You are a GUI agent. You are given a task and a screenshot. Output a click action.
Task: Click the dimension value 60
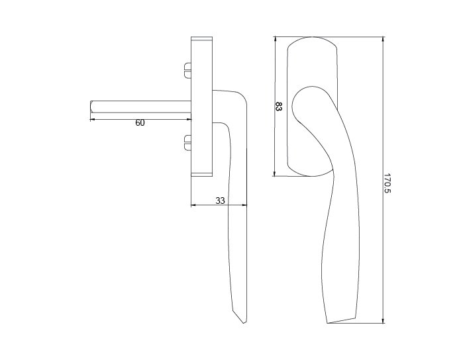(x=140, y=122)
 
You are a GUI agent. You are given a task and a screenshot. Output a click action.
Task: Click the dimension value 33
(x=220, y=201)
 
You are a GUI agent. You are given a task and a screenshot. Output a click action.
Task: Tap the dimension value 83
(x=278, y=107)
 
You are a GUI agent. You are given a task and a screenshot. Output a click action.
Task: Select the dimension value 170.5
(x=387, y=183)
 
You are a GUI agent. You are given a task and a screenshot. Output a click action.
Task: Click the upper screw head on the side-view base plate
(x=187, y=70)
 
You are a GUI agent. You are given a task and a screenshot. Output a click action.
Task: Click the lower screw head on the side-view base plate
(x=187, y=143)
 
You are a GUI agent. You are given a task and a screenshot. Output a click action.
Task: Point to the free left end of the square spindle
(x=91, y=107)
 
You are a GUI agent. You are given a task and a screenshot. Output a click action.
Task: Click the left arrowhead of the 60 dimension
(x=92, y=119)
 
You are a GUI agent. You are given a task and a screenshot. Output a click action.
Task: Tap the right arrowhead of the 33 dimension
(x=244, y=205)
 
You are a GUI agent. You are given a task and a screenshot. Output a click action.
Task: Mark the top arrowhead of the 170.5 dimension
(x=383, y=39)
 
